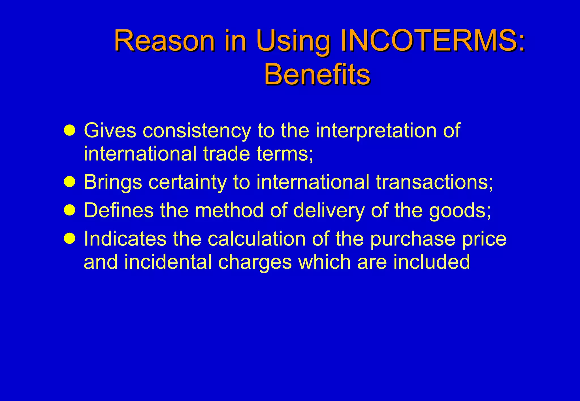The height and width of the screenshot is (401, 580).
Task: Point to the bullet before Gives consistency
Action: pos(70,130)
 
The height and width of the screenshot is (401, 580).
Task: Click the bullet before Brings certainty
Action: pos(70,182)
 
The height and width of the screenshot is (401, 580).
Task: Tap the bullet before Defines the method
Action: pos(70,210)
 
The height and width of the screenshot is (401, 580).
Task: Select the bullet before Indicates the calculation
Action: pos(70,238)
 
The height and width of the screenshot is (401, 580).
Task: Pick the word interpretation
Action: pos(376,131)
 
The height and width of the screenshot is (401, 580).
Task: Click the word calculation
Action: pos(257,239)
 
